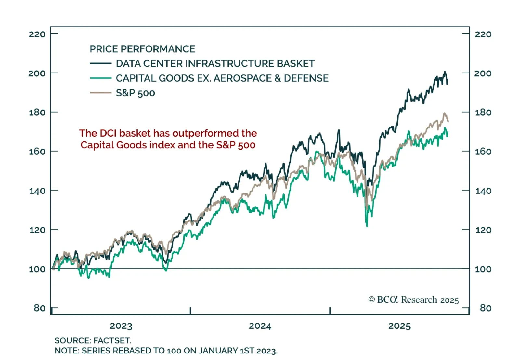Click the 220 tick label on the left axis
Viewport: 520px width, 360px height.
(37, 34)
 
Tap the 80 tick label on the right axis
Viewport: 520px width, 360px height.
(486, 308)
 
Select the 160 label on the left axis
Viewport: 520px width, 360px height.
(37, 151)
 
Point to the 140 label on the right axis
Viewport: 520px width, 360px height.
(483, 191)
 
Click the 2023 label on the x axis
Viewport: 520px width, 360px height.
(121, 326)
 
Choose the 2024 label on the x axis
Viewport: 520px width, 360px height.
(260, 326)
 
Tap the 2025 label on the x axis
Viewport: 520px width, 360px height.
(399, 326)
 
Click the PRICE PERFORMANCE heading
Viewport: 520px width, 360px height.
(142, 49)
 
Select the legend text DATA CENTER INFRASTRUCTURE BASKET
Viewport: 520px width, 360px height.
(215, 63)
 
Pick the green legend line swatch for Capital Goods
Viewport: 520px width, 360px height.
(101, 78)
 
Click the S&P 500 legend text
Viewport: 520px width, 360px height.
(135, 93)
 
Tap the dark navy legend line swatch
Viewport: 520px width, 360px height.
(101, 63)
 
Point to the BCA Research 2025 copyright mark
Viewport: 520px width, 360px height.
(413, 300)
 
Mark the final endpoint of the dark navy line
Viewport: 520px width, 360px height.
(448, 83)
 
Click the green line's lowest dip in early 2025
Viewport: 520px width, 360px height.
(367, 226)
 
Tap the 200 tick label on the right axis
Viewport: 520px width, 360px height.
(483, 73)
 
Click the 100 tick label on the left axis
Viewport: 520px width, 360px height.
(37, 269)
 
